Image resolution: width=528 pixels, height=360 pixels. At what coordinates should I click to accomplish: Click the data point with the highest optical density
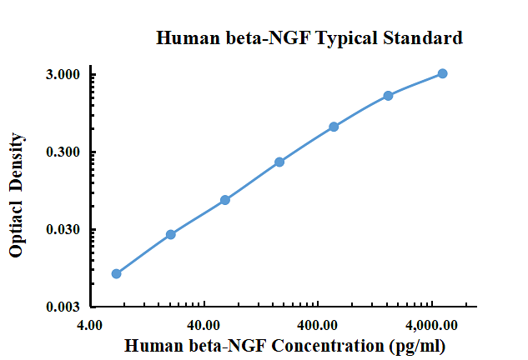pyautogui.click(x=442, y=73)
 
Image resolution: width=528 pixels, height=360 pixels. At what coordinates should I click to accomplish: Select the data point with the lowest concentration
pyautogui.click(x=116, y=273)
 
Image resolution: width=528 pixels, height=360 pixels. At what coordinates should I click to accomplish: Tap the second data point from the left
pyautogui.click(x=171, y=234)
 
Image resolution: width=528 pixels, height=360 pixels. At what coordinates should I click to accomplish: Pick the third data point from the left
pyautogui.click(x=225, y=200)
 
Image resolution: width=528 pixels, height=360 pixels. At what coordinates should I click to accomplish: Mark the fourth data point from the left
pyautogui.click(x=279, y=162)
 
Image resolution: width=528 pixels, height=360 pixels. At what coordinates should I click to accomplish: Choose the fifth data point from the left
pyautogui.click(x=334, y=127)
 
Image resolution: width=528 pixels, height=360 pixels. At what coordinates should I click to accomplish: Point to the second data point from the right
pyautogui.click(x=388, y=96)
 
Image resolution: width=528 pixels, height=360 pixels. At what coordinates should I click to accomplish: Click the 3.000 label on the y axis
pyautogui.click(x=63, y=74)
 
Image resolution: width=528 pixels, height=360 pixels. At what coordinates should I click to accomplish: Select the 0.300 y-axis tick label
pyautogui.click(x=63, y=152)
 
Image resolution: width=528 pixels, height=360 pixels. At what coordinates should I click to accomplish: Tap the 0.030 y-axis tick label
pyautogui.click(x=63, y=229)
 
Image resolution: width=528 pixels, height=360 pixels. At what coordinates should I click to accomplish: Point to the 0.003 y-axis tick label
pyautogui.click(x=63, y=307)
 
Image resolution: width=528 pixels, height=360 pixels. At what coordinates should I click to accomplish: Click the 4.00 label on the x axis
pyautogui.click(x=89, y=325)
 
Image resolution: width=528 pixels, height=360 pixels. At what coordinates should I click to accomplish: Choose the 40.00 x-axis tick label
pyautogui.click(x=204, y=325)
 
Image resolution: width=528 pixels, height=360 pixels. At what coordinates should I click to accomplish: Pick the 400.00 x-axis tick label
pyautogui.click(x=317, y=325)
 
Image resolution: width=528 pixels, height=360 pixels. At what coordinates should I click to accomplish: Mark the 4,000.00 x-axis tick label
pyautogui.click(x=431, y=325)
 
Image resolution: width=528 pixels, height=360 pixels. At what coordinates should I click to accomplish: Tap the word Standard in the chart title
pyautogui.click(x=423, y=37)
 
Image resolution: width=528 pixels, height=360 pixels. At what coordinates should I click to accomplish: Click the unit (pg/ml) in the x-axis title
pyautogui.click(x=417, y=346)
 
